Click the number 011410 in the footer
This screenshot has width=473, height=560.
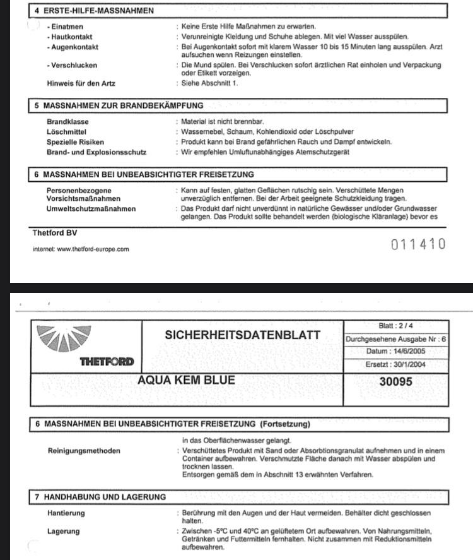point(418,244)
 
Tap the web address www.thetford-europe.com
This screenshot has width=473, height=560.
point(81,249)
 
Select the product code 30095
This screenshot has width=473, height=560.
point(396,381)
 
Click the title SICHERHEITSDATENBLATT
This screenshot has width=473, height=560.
point(242,335)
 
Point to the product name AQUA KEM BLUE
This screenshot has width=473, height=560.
point(186,380)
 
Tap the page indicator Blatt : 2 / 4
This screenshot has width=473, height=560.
point(395,326)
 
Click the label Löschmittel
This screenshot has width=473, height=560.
point(65,132)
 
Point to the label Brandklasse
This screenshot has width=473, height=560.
point(67,122)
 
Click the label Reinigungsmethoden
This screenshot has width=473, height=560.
point(84,451)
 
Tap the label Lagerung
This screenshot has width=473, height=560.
point(64,531)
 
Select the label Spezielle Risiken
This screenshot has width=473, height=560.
point(76,142)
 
